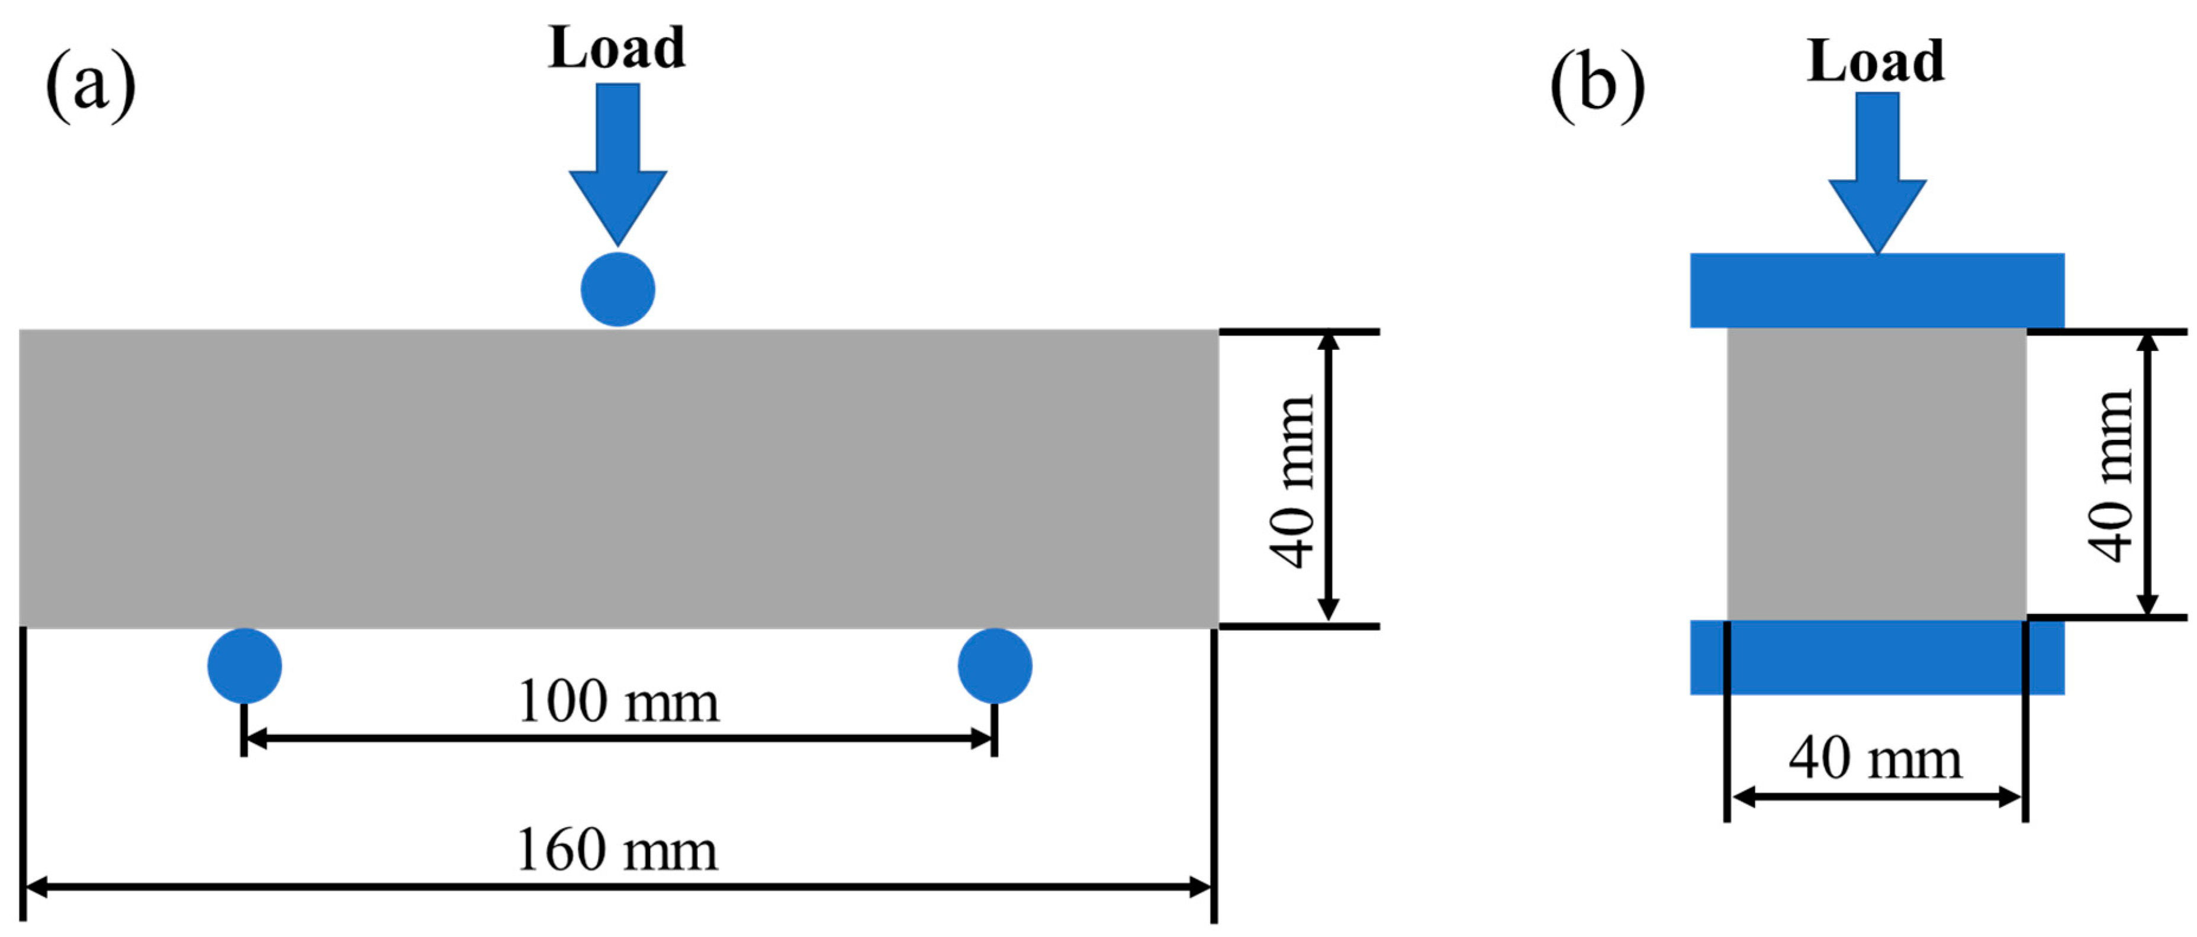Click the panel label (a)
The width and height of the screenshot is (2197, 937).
(x=91, y=85)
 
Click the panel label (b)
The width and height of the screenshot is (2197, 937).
(x=1597, y=85)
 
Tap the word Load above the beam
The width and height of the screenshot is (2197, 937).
(x=617, y=48)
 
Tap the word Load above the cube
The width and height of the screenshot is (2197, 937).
(x=1876, y=62)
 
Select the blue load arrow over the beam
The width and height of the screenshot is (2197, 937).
(x=617, y=162)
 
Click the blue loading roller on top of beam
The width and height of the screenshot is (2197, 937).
(x=617, y=289)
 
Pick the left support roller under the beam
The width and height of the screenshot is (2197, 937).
(x=245, y=665)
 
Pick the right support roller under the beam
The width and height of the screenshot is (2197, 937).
(x=995, y=665)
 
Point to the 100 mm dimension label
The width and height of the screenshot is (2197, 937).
(x=618, y=701)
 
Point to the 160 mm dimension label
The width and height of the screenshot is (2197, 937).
(x=617, y=850)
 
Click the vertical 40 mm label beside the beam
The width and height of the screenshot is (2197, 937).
(x=1291, y=482)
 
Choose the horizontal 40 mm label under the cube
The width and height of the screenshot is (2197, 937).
(x=1876, y=758)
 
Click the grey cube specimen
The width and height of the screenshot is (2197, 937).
(x=1876, y=473)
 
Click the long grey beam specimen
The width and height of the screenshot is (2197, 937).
(x=618, y=478)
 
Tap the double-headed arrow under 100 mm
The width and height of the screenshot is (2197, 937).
(x=618, y=738)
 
